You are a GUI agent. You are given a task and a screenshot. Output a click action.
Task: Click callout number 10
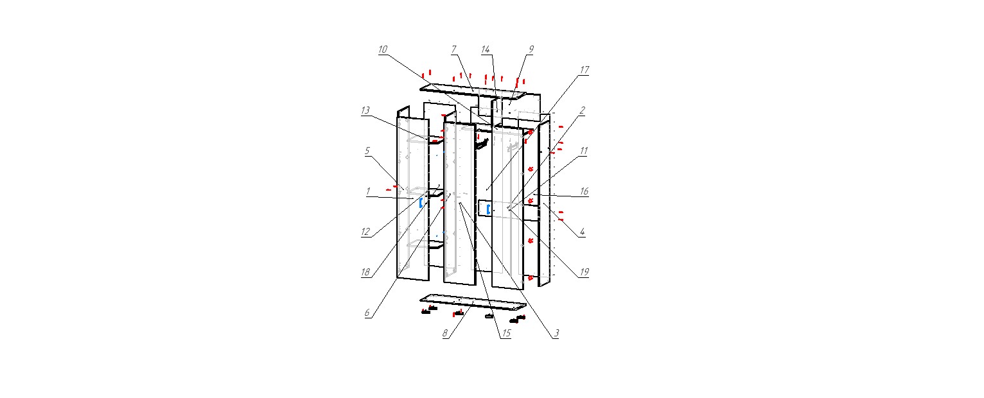383,49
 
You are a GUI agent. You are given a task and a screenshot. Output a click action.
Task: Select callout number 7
453,49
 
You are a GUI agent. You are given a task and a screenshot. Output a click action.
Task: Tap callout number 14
486,49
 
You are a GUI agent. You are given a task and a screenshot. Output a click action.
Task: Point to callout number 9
531,49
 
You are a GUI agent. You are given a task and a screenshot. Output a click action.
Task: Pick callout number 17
584,69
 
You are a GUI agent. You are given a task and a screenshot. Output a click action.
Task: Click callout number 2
582,110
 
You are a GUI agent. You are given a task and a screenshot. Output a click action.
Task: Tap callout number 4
582,232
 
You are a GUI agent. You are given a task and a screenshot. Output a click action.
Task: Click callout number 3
556,333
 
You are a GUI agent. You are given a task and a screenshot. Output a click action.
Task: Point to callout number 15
506,333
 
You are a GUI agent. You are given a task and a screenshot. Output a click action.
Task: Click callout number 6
367,313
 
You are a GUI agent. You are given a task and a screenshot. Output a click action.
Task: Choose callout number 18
365,273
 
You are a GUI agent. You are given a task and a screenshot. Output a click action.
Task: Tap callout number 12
365,232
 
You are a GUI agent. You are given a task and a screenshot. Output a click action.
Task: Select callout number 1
367,191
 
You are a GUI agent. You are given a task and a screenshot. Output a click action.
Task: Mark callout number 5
367,151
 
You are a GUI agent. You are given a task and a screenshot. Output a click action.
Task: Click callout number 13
365,110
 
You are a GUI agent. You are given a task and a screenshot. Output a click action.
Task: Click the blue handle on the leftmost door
421,203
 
